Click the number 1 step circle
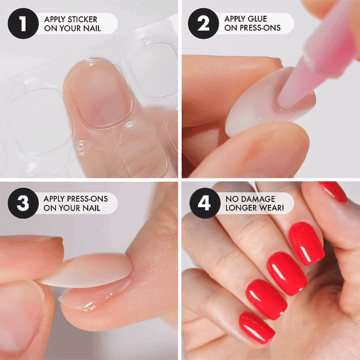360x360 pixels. (x=23, y=23)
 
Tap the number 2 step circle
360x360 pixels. (x=203, y=23)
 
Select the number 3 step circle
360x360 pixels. (x=23, y=203)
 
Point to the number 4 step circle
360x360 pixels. (x=205, y=203)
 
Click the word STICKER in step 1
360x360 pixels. (x=82, y=19)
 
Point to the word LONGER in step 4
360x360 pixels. (x=238, y=208)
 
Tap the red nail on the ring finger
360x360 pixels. (x=266, y=299)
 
